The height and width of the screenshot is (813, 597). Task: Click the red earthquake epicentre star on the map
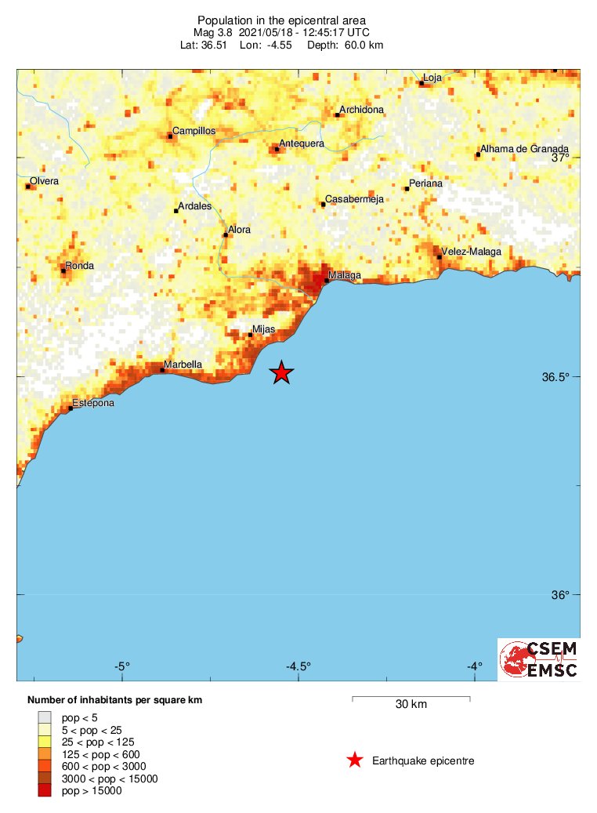click(x=281, y=373)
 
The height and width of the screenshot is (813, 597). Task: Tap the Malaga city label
click(x=345, y=275)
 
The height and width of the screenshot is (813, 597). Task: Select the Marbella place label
click(x=183, y=365)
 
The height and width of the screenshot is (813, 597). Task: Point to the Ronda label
click(x=80, y=266)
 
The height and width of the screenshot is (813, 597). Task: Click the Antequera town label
click(x=302, y=143)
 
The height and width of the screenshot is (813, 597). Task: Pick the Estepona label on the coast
click(x=93, y=403)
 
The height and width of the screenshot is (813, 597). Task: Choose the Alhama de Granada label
click(x=525, y=149)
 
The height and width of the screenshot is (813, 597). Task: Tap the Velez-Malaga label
click(x=471, y=252)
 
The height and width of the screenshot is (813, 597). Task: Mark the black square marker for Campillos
click(x=171, y=136)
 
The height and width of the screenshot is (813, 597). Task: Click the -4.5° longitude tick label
click(x=298, y=666)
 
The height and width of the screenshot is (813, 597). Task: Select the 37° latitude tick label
click(x=559, y=158)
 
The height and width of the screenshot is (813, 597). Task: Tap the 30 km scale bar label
click(x=411, y=704)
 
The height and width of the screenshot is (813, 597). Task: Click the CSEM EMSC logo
click(x=539, y=659)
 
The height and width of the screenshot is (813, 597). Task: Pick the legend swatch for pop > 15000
click(x=45, y=791)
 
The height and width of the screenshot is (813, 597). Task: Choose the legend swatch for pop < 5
click(x=45, y=717)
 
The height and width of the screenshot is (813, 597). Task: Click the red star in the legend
click(x=355, y=760)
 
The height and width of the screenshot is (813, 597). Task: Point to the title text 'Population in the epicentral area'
click(x=281, y=20)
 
